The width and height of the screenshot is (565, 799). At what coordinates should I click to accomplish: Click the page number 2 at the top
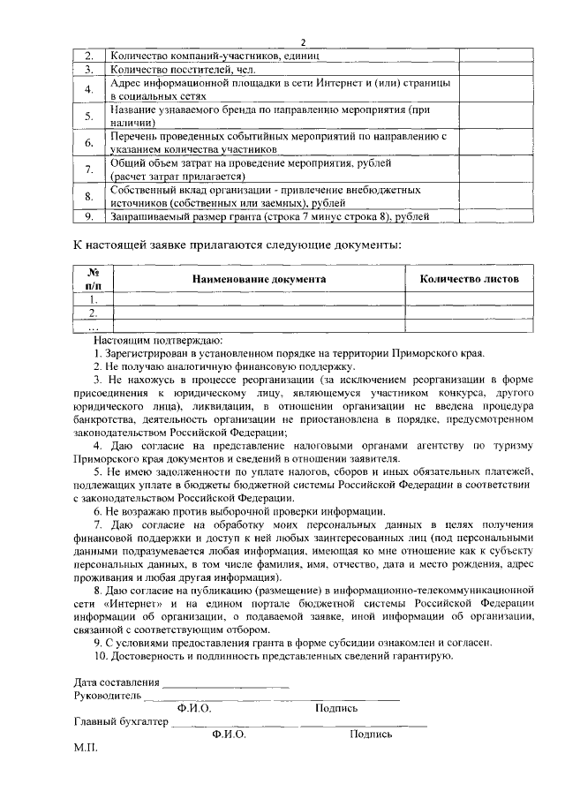(x=302, y=42)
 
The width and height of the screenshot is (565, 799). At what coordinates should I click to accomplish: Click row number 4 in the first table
(x=89, y=89)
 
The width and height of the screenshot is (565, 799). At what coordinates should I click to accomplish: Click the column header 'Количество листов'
(x=469, y=279)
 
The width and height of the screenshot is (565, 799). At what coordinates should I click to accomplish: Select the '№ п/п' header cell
(x=92, y=279)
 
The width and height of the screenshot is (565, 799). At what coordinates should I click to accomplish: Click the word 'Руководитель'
(x=105, y=696)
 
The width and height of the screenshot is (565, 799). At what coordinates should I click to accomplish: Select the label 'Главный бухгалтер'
(x=121, y=721)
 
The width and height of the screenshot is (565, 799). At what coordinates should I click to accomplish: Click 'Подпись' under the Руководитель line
(x=335, y=708)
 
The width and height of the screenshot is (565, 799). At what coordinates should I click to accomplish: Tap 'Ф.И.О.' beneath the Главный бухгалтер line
(x=229, y=734)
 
